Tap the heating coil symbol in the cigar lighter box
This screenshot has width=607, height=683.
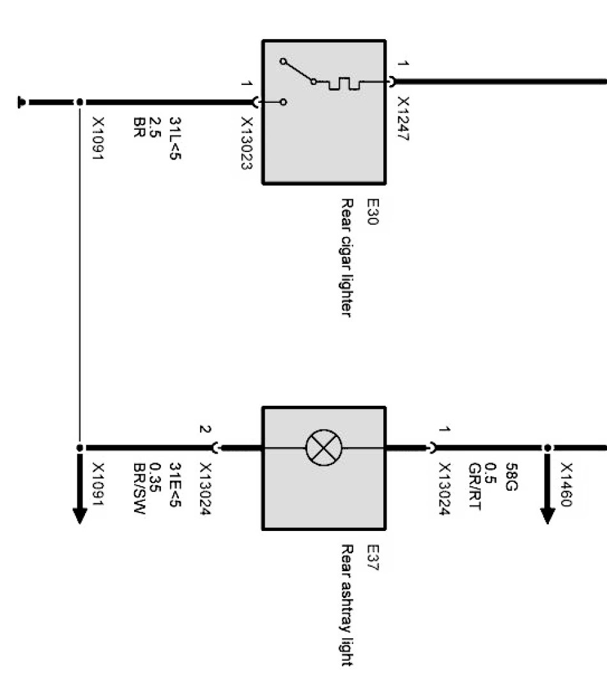click(x=344, y=83)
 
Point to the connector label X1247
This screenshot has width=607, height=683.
click(x=403, y=119)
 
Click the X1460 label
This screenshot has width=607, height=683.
click(x=566, y=485)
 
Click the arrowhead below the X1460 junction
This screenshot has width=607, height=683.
click(x=548, y=514)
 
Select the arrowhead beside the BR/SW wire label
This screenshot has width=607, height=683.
click(x=79, y=514)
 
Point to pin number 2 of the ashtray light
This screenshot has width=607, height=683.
click(x=204, y=429)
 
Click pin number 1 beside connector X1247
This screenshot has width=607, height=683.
click(x=403, y=63)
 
